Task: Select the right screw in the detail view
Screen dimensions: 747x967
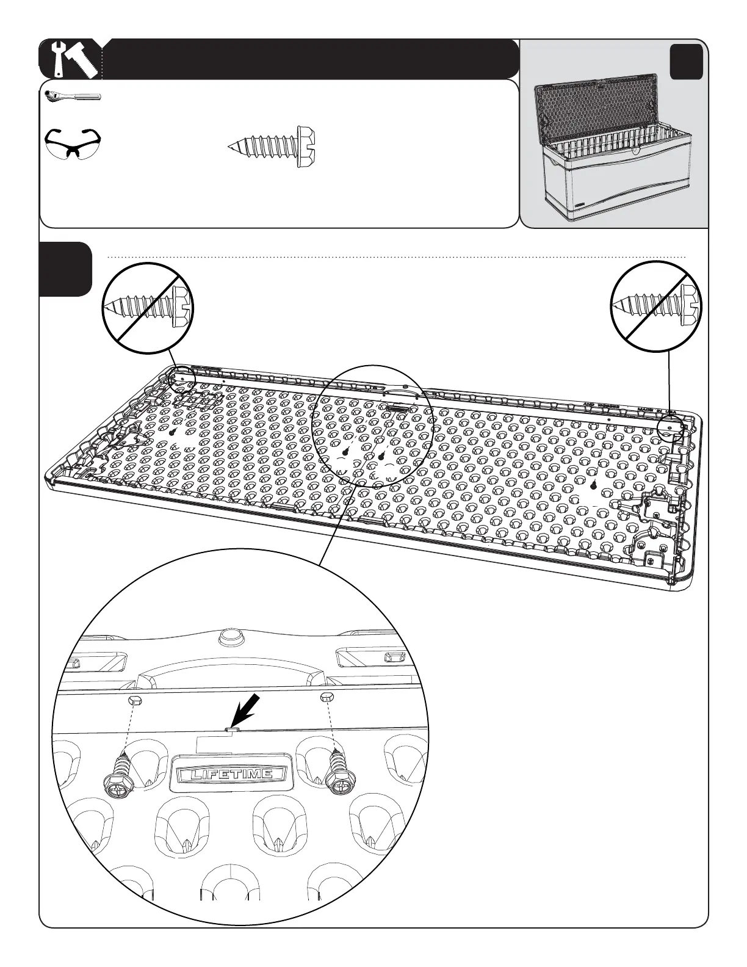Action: click(338, 773)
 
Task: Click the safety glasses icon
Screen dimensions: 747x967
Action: click(71, 144)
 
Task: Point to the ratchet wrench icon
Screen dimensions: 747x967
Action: click(73, 96)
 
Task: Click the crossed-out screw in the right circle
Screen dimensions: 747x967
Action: click(657, 305)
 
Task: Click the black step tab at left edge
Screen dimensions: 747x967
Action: click(66, 269)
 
